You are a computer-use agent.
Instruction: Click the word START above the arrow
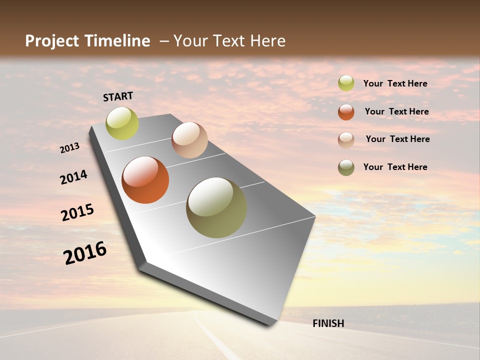118,96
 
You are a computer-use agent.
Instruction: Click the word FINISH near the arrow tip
328,323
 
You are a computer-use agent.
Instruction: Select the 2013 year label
70,148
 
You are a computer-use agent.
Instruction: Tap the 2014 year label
74,177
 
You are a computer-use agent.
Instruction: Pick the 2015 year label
77,212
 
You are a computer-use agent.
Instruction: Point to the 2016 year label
85,253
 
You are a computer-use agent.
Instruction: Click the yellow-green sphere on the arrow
122,123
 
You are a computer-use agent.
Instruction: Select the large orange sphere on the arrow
145,180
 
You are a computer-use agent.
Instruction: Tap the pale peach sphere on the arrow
189,140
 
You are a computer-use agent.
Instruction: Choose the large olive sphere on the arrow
216,207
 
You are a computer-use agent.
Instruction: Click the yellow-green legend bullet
346,83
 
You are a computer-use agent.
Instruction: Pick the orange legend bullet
346,112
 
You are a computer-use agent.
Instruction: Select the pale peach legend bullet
346,140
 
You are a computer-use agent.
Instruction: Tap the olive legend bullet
346,167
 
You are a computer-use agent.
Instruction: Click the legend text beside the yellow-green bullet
395,83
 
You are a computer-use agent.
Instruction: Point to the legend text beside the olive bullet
395,167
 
